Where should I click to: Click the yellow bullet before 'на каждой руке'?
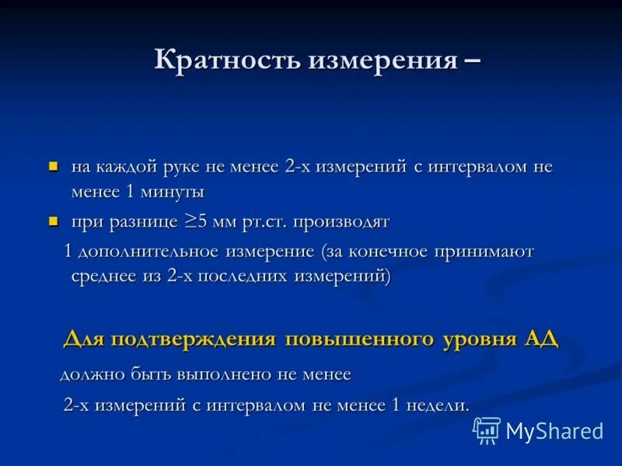click(54, 166)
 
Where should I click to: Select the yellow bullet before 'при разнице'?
click(54, 221)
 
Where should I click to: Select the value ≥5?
click(195, 222)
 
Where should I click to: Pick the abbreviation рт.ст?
click(265, 222)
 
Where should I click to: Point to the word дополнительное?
click(149, 252)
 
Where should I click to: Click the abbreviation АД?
click(541, 340)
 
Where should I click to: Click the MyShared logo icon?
click(487, 429)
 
